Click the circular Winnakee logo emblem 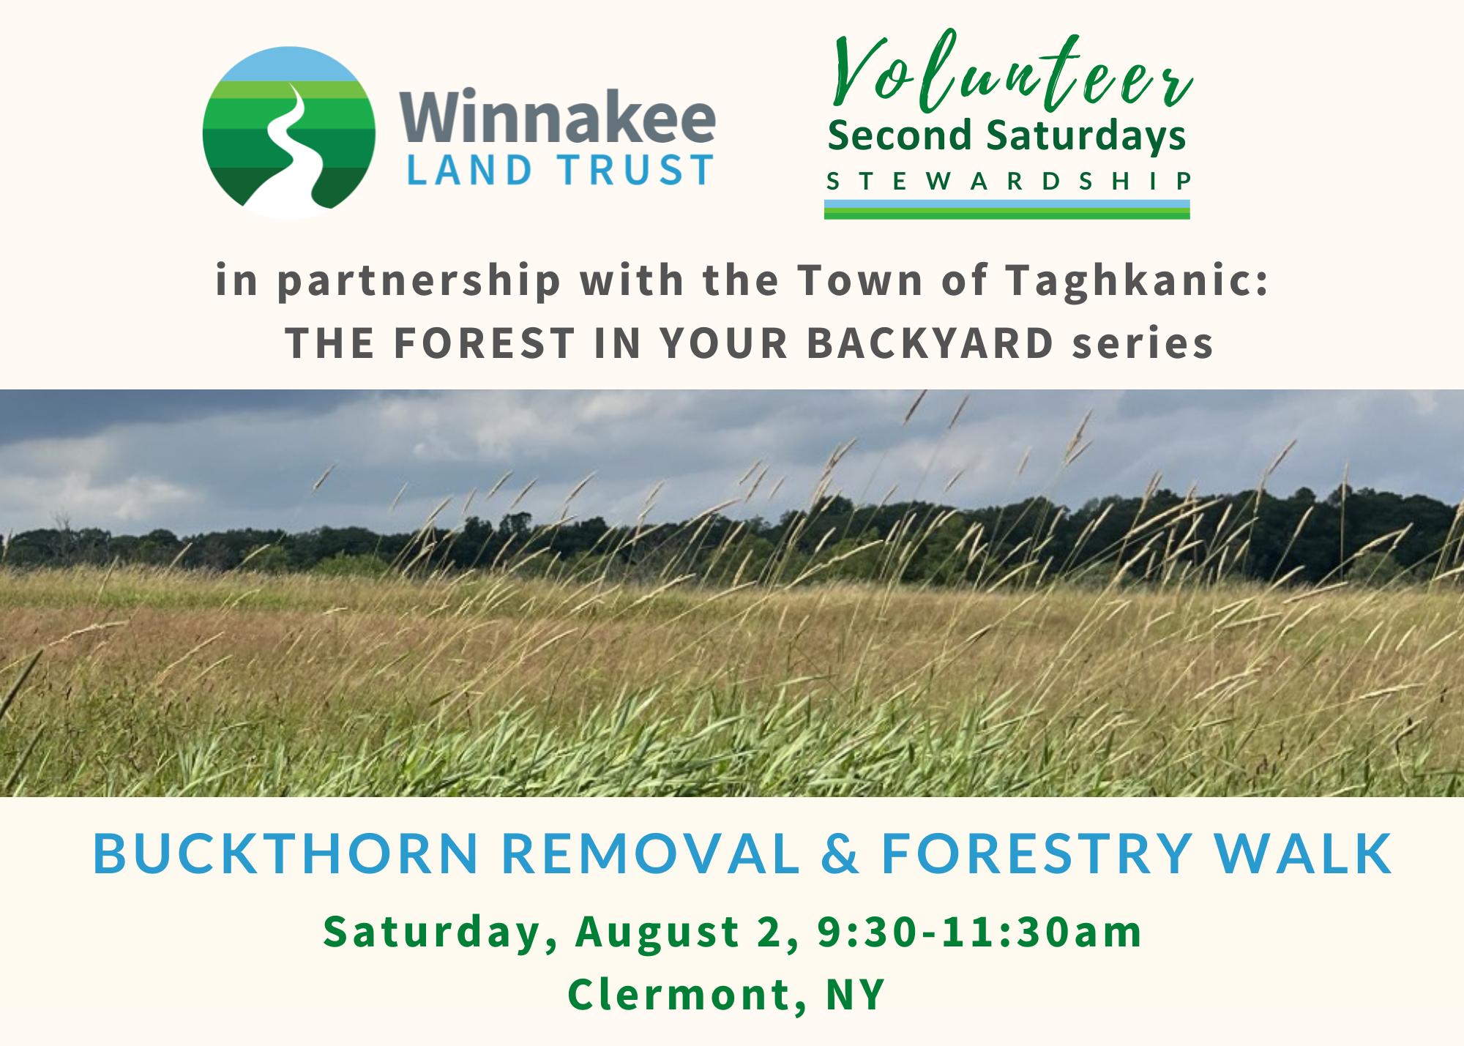click(288, 132)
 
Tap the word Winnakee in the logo click(558, 116)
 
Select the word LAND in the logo click(469, 170)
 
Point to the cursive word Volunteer click(1012, 72)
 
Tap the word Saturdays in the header click(1086, 138)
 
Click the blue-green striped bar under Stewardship click(1006, 209)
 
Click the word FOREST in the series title click(485, 343)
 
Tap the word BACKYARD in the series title click(930, 343)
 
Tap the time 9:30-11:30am click(979, 932)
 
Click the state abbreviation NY click(855, 995)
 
